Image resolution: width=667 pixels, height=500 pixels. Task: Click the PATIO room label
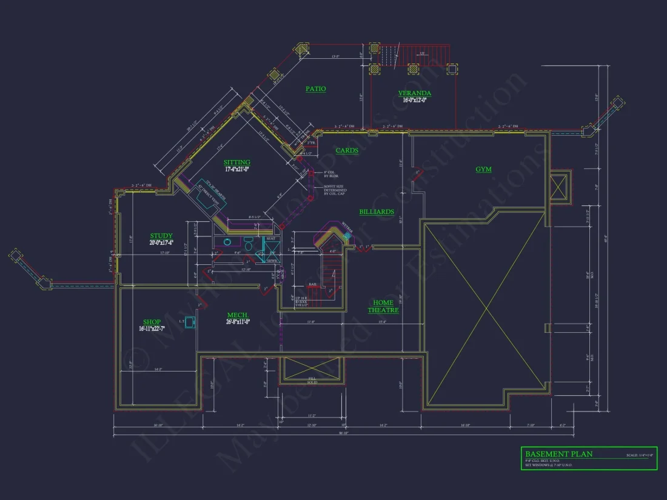pyautogui.click(x=315, y=89)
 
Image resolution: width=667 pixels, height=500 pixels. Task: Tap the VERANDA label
pyautogui.click(x=415, y=93)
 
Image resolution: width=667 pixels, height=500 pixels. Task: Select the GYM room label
pyautogui.click(x=483, y=170)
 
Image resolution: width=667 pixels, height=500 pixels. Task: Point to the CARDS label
pyautogui.click(x=347, y=150)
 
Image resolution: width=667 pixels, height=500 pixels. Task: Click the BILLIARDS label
pyautogui.click(x=377, y=212)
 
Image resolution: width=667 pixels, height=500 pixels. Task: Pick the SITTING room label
pyautogui.click(x=236, y=162)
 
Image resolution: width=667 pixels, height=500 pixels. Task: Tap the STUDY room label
pyautogui.click(x=161, y=236)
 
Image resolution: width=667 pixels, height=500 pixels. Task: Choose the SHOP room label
pyautogui.click(x=152, y=322)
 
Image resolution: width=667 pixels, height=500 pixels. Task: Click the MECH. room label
pyautogui.click(x=237, y=315)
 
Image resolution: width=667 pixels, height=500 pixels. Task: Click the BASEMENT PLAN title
pyautogui.click(x=559, y=454)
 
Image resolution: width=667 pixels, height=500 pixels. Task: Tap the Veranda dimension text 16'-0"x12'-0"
pyautogui.click(x=415, y=100)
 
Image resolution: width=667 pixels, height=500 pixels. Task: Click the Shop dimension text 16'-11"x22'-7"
pyautogui.click(x=152, y=328)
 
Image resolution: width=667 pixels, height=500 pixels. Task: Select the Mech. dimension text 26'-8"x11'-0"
pyautogui.click(x=238, y=322)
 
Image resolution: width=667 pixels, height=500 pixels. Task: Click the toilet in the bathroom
pyautogui.click(x=228, y=242)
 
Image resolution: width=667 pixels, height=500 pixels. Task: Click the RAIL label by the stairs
pyautogui.click(x=313, y=284)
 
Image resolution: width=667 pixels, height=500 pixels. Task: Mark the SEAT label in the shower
pyautogui.click(x=270, y=239)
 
